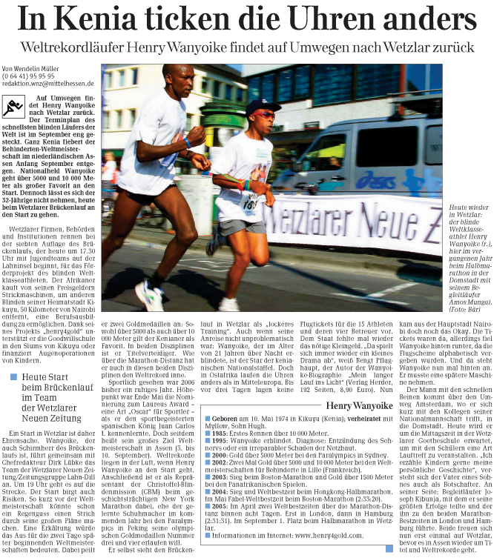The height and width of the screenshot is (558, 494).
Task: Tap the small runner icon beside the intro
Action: [12, 106]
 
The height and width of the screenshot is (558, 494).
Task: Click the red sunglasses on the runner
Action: [264, 115]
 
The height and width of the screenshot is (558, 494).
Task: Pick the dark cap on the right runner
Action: [264, 106]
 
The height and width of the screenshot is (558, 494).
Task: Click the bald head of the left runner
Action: [176, 74]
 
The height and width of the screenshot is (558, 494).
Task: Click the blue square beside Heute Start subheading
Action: [13, 377]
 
